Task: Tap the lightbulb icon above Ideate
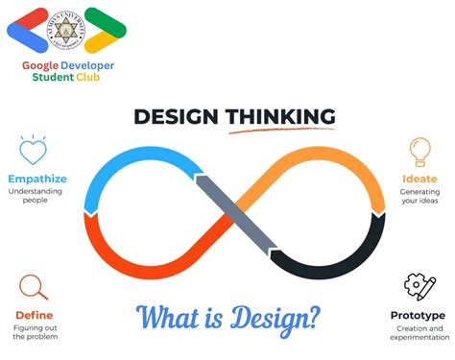[420, 152]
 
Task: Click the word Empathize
[36, 179]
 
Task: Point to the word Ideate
[419, 179]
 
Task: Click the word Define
[34, 315]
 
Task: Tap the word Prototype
[418, 315]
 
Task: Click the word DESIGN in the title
[177, 117]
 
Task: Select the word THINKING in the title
[281, 117]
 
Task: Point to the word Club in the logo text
[104, 78]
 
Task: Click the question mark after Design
[313, 316]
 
